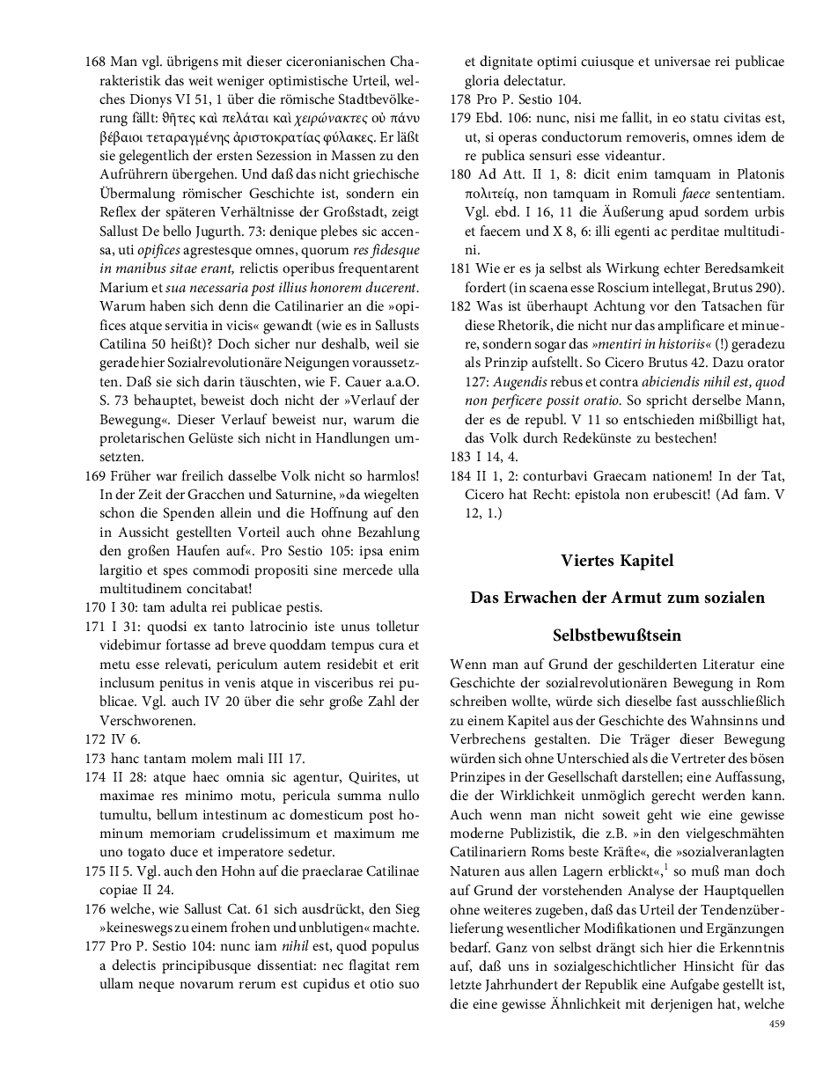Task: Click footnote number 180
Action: [460, 174]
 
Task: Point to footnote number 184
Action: [460, 475]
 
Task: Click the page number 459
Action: [776, 1024]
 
